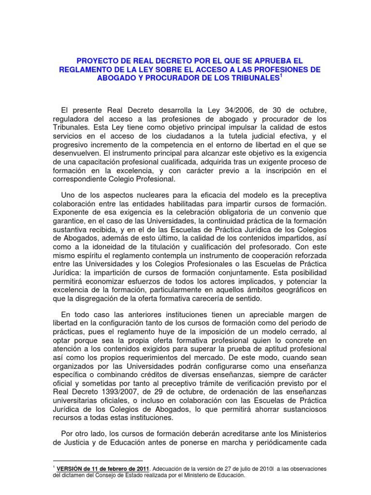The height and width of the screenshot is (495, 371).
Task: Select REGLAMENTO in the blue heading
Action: [86, 70]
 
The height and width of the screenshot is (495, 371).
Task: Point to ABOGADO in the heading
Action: [116, 78]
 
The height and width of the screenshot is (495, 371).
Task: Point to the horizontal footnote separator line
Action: [97, 461]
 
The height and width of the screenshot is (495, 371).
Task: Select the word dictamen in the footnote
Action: [71, 475]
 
